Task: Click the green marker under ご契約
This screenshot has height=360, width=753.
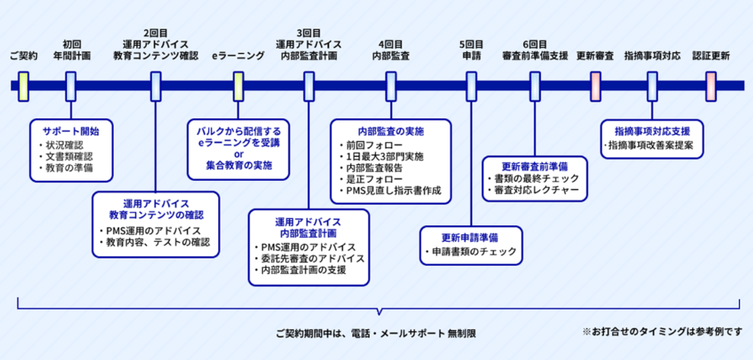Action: (23, 87)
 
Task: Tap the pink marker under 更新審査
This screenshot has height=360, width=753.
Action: (596, 87)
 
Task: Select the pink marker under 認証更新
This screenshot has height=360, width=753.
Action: (711, 87)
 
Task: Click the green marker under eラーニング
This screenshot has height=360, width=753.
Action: (238, 87)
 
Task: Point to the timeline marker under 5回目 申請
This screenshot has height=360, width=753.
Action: (471, 87)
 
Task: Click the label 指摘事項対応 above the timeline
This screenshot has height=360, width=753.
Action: (652, 56)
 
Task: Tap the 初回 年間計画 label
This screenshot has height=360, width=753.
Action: (72, 50)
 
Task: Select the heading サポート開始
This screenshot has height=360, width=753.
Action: (71, 131)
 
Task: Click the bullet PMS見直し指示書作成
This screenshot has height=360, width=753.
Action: (390, 190)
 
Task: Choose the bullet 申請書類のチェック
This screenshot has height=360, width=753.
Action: (471, 251)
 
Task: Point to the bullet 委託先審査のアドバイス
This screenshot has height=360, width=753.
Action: (309, 258)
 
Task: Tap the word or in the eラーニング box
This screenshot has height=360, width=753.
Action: (239, 154)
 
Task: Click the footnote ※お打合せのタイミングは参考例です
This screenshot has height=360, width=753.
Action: (662, 331)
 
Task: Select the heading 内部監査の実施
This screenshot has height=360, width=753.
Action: (391, 131)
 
